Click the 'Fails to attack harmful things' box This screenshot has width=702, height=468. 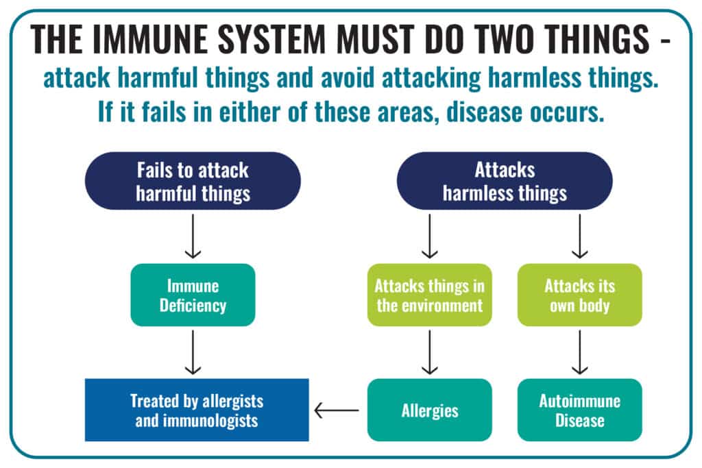pos(193,181)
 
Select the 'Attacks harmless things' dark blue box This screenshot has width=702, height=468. pos(505,181)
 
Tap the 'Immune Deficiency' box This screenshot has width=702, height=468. pos(193,295)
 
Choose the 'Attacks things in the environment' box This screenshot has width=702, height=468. pos(430,295)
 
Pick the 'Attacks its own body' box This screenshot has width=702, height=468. pos(579,295)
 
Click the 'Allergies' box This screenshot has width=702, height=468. pos(430,410)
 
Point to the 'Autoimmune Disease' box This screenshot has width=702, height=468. pos(579,410)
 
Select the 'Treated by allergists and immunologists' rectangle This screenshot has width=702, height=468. pos(197,410)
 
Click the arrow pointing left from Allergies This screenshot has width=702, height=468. pos(337,410)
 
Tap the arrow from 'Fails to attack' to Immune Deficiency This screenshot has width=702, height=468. pos(193,236)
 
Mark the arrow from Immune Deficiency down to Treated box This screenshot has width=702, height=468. pos(193,352)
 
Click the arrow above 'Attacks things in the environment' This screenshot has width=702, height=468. pos(430,236)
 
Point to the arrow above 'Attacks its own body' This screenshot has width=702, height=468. pos(579,236)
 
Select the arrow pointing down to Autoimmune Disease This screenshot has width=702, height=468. pos(579,352)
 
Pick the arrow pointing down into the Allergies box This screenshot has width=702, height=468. pos(430,352)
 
